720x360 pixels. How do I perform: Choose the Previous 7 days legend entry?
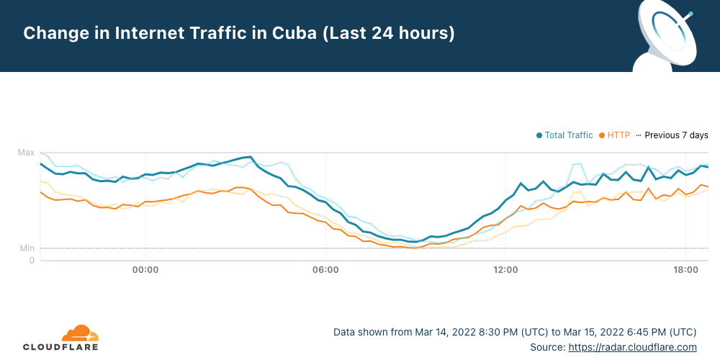click(x=676, y=135)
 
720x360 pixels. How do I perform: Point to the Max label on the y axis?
click(x=26, y=153)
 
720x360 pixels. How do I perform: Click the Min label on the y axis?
click(x=27, y=248)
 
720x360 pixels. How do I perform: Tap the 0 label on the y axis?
click(x=32, y=261)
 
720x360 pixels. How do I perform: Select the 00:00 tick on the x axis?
click(x=145, y=270)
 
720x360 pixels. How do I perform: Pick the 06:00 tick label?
click(x=325, y=270)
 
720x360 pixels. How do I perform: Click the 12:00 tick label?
click(x=505, y=270)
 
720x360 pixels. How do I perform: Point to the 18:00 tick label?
click(x=685, y=270)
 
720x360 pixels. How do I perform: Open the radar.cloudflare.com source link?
click(x=632, y=347)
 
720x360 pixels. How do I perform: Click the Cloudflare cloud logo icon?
click(x=80, y=333)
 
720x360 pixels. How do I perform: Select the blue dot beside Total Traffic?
click(x=539, y=135)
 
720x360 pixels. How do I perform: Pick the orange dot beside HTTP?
click(x=602, y=135)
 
